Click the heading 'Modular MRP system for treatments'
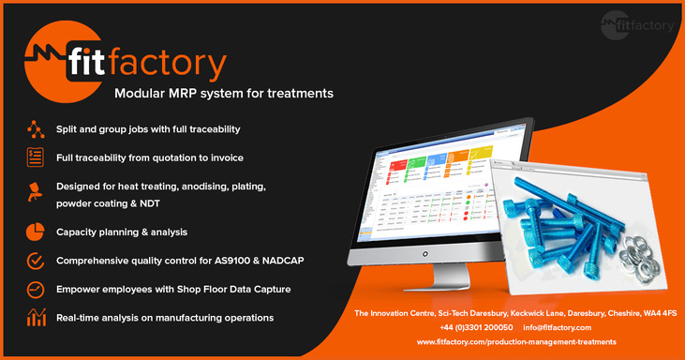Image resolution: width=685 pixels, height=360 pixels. (223, 94)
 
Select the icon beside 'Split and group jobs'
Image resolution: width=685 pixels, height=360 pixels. (36, 128)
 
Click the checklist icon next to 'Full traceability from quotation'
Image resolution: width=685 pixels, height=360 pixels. (36, 157)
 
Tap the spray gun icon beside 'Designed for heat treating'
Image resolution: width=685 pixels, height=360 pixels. (36, 194)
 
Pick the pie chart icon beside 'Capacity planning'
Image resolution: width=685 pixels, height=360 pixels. (36, 232)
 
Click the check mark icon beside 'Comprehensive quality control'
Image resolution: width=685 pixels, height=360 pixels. (36, 261)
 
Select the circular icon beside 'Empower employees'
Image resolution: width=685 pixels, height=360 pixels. (36, 290)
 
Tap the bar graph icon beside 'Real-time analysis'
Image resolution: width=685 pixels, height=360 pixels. (36, 318)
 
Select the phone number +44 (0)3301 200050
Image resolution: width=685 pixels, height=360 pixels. (475, 327)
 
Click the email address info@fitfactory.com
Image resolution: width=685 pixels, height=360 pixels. (558, 327)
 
